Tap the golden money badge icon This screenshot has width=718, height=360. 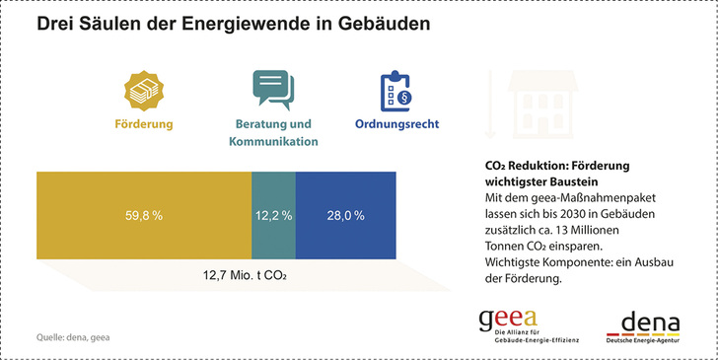coord(143,90)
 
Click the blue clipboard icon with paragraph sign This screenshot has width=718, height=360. coord(396,90)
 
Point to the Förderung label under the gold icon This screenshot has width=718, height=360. coord(144,125)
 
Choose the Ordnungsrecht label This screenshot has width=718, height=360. coord(396,125)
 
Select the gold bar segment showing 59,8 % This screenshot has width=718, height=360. coord(144,215)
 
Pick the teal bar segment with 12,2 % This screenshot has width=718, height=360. coord(273,215)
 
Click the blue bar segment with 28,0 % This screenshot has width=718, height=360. coord(346,215)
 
